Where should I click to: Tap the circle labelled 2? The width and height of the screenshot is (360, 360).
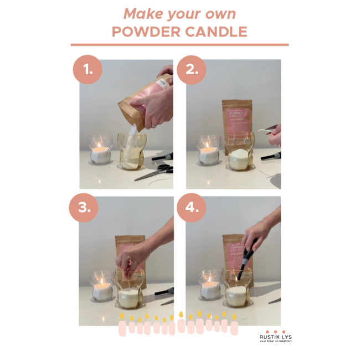click(x=191, y=71)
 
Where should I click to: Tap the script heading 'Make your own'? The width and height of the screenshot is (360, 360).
click(x=179, y=13)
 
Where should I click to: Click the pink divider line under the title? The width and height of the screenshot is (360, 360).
click(x=179, y=45)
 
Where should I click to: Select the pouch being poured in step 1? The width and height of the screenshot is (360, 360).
click(x=141, y=100)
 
